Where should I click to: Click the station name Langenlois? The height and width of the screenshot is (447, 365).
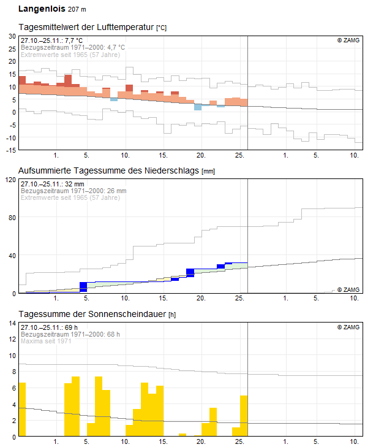[42, 9]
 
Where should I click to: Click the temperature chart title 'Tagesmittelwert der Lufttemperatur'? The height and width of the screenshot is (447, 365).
[86, 27]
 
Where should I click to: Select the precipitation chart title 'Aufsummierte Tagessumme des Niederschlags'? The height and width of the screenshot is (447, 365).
[109, 170]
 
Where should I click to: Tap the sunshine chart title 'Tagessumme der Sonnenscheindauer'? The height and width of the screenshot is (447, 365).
[92, 314]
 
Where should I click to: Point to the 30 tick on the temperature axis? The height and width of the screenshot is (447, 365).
[12, 36]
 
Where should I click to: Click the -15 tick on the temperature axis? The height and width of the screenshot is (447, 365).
[11, 150]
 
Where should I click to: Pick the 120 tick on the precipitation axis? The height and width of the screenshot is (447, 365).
[10, 180]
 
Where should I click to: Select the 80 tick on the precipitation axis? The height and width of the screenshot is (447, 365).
[12, 218]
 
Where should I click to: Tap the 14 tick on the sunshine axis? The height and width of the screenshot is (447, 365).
[12, 323]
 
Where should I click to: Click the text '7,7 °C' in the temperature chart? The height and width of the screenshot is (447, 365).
[73, 40]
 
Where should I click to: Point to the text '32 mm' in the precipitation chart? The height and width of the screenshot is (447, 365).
[74, 184]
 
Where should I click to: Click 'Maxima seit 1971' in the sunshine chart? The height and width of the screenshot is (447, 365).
[46, 341]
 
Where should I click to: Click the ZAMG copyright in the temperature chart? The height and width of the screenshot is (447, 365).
[348, 40]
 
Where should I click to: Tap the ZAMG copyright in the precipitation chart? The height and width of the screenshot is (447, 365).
[348, 289]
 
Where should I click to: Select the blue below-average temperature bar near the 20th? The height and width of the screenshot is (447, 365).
[198, 107]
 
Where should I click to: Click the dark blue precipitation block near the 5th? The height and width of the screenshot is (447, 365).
[83, 287]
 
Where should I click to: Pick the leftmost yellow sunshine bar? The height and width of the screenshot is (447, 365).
[22, 410]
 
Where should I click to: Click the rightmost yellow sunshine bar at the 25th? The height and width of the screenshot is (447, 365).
[244, 416]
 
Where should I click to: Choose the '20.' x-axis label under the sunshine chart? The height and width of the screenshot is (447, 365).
[201, 441]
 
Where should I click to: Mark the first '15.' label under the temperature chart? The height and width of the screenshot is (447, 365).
[163, 155]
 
